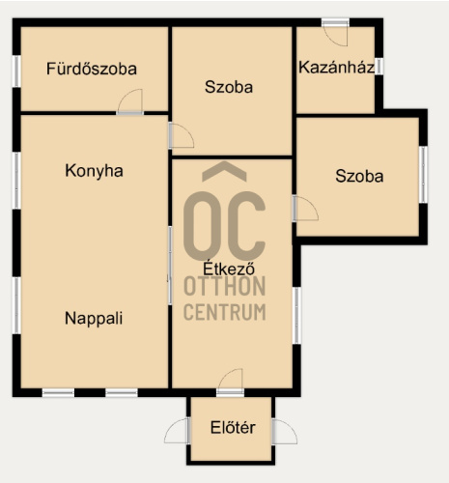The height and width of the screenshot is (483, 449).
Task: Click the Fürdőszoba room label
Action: [x=92, y=69]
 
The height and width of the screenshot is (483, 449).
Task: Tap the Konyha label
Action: [x=94, y=171]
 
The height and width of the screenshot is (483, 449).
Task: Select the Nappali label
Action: [x=94, y=319]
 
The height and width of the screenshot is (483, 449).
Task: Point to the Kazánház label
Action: [x=337, y=68]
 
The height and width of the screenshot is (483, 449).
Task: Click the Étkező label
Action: [x=229, y=268]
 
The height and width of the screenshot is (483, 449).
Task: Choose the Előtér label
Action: [x=233, y=427]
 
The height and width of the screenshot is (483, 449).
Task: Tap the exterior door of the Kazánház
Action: [x=335, y=33]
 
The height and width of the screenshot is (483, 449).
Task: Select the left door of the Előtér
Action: [x=177, y=431]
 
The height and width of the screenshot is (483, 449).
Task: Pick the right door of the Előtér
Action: [x=285, y=432]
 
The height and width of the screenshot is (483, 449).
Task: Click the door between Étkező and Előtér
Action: [x=230, y=383]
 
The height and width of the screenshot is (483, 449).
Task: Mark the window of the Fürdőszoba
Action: [x=16, y=71]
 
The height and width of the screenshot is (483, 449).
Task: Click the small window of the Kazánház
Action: [x=379, y=67]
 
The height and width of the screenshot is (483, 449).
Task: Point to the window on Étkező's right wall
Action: [x=296, y=316]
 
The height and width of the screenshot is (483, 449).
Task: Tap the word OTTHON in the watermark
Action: [x=225, y=286]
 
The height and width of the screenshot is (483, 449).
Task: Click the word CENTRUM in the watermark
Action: [x=225, y=312]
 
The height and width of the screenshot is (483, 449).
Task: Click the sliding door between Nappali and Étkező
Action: [x=170, y=266]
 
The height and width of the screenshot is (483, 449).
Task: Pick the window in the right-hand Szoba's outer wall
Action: [x=424, y=175]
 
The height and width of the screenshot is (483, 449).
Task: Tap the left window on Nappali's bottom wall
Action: [x=58, y=393]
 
